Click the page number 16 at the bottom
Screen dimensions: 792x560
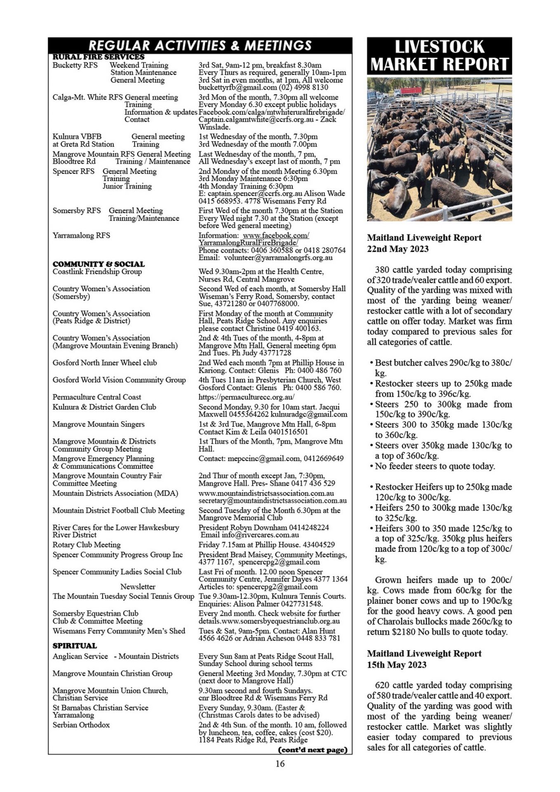(280, 764)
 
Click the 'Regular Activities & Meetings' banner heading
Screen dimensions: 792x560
(200, 45)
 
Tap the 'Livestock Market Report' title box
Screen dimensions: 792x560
(439, 56)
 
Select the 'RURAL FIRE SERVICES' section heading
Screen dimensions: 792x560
(99, 57)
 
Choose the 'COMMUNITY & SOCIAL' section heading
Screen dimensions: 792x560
(99, 264)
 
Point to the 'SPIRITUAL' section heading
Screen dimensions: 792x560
(75, 646)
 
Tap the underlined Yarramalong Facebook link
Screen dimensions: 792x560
(254, 239)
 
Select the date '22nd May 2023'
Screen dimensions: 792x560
(398, 249)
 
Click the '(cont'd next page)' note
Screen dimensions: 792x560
(313, 750)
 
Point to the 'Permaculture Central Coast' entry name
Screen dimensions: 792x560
(96, 397)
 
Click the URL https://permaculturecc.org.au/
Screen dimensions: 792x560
(246, 397)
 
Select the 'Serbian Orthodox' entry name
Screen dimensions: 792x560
(81, 725)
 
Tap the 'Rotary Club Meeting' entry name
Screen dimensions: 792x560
(86, 544)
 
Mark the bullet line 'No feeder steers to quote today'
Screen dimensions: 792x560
(435, 466)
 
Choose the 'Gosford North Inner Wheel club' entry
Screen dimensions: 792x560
(105, 363)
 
